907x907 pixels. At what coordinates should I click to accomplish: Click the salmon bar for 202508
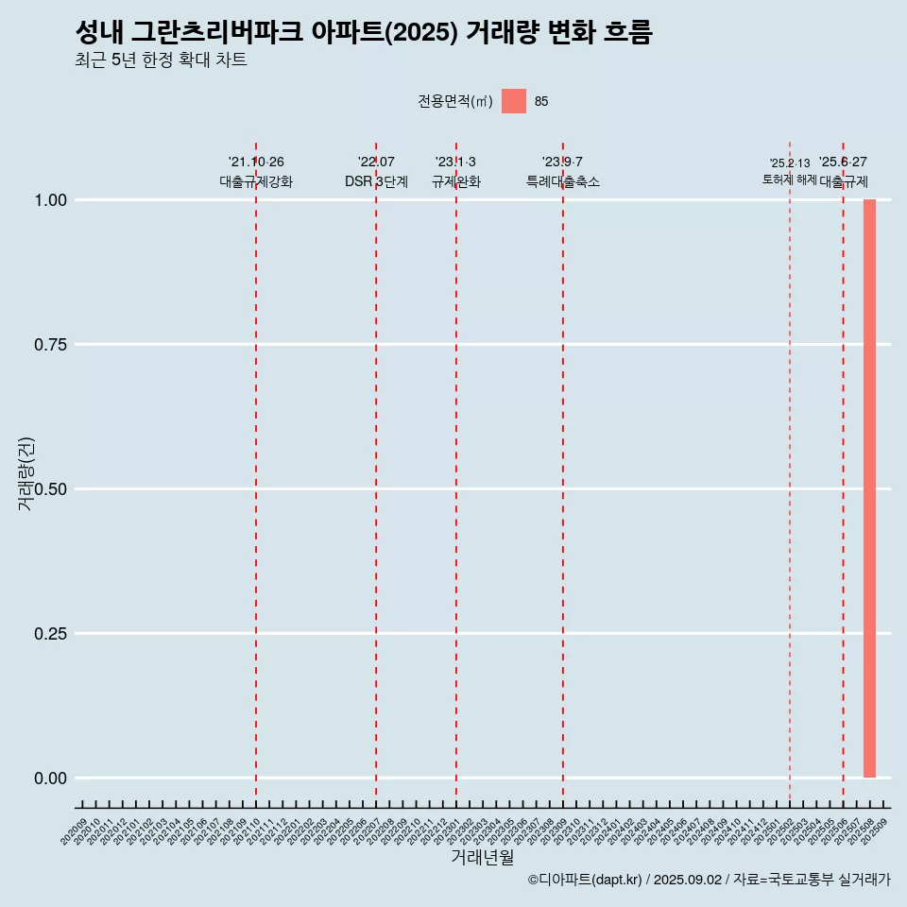pyautogui.click(x=869, y=488)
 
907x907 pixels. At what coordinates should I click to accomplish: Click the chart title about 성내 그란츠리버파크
pyautogui.click(x=363, y=32)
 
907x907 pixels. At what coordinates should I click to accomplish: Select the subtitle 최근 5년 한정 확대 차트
pyautogui.click(x=161, y=60)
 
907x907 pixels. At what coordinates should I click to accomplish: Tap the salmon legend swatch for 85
pyautogui.click(x=513, y=101)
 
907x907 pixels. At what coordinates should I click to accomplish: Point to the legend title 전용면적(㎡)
pyautogui.click(x=455, y=102)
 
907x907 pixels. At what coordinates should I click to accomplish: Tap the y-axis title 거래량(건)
pyautogui.click(x=26, y=473)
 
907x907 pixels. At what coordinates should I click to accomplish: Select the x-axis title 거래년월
pyautogui.click(x=482, y=857)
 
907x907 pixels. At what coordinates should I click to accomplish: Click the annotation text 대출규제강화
pyautogui.click(x=256, y=181)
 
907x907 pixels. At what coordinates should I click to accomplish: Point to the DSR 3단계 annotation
pyautogui.click(x=376, y=181)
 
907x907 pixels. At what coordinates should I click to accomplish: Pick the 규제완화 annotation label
pyautogui.click(x=456, y=181)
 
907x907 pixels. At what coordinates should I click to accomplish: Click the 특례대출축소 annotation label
pyautogui.click(x=563, y=181)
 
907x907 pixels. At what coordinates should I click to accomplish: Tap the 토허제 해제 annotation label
pyautogui.click(x=790, y=180)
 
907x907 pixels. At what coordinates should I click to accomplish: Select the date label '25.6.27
pyautogui.click(x=843, y=163)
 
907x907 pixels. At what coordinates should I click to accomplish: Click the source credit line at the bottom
pyautogui.click(x=709, y=880)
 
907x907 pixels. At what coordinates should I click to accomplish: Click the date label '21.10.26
pyautogui.click(x=256, y=163)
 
